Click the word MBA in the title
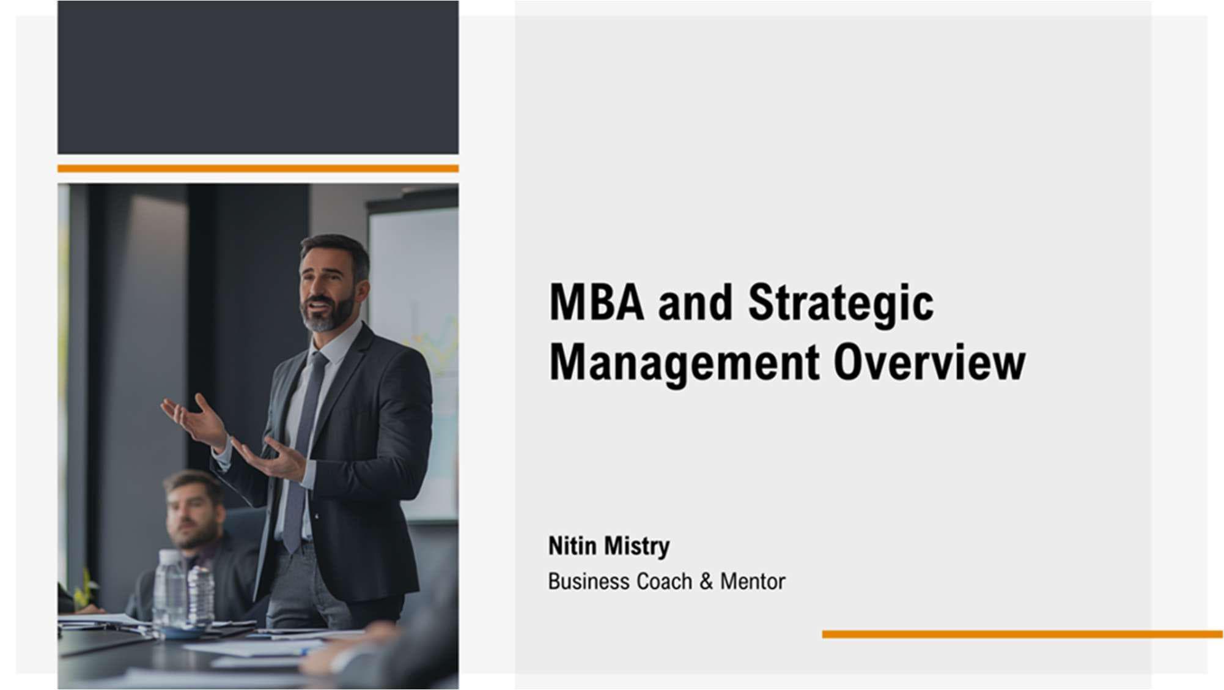597,302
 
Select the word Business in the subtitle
588,581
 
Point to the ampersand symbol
706,581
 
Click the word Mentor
753,581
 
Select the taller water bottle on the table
169,589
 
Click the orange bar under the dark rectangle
258,168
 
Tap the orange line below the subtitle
1022,634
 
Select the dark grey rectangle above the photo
258,77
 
